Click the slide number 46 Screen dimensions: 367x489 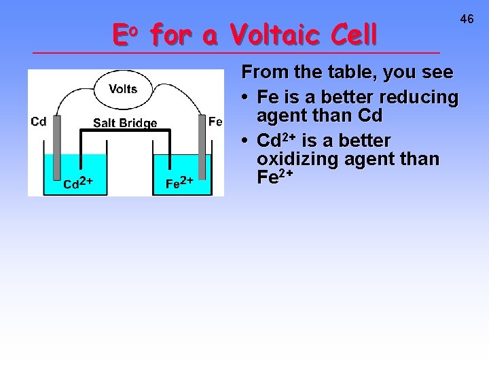point(467,20)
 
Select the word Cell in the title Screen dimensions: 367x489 point(350,34)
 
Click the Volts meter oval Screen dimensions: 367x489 point(123,89)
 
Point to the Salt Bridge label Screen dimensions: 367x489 point(125,123)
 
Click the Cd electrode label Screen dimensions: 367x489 point(39,122)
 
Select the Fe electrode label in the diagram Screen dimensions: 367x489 point(215,122)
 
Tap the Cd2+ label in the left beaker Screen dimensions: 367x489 point(77,183)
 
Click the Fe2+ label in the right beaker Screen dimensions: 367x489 point(180,183)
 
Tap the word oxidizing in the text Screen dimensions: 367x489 point(298,160)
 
